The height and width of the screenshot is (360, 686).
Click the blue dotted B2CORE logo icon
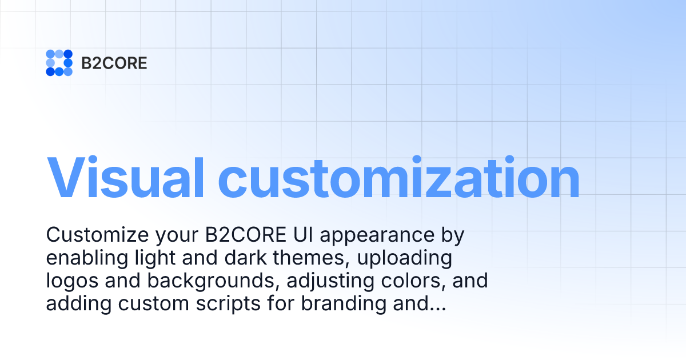59,63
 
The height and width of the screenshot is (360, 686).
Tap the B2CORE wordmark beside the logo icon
114,63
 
